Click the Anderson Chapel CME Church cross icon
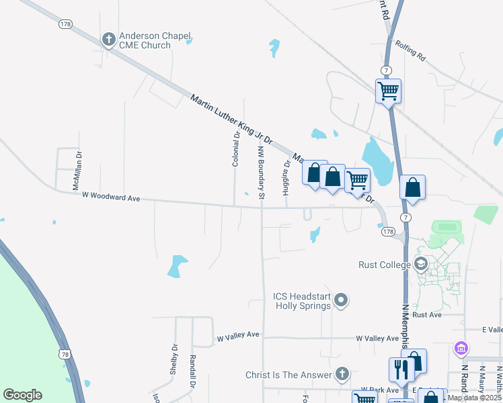pos(108,40)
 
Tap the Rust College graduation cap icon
pos(422,264)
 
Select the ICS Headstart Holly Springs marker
pos(342,300)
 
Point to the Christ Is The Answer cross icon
pos(342,374)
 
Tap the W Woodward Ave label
pos(110,197)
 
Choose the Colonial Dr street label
pos(236,149)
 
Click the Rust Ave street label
pos(427,314)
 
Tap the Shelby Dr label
pos(173,359)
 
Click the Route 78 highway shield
pos(65,353)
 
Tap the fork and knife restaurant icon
pos(399,369)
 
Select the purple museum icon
pos(461,349)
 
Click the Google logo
pos(22,395)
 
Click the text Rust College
pos(384,265)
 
